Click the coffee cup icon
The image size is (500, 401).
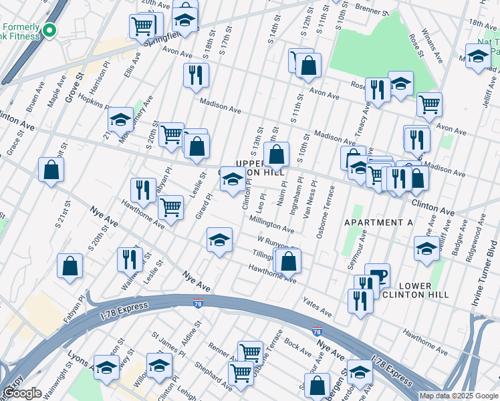pos(377,274)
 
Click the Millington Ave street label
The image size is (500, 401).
pos(271,224)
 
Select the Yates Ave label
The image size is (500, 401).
pos(317,307)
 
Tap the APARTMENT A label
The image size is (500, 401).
pos(378,221)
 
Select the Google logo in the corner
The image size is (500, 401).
pos(23,392)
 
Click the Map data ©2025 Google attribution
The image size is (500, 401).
pos(459,396)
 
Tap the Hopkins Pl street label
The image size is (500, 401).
pos(93,99)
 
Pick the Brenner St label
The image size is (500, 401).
pos(373,11)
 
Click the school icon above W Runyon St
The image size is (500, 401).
pos(219,241)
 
